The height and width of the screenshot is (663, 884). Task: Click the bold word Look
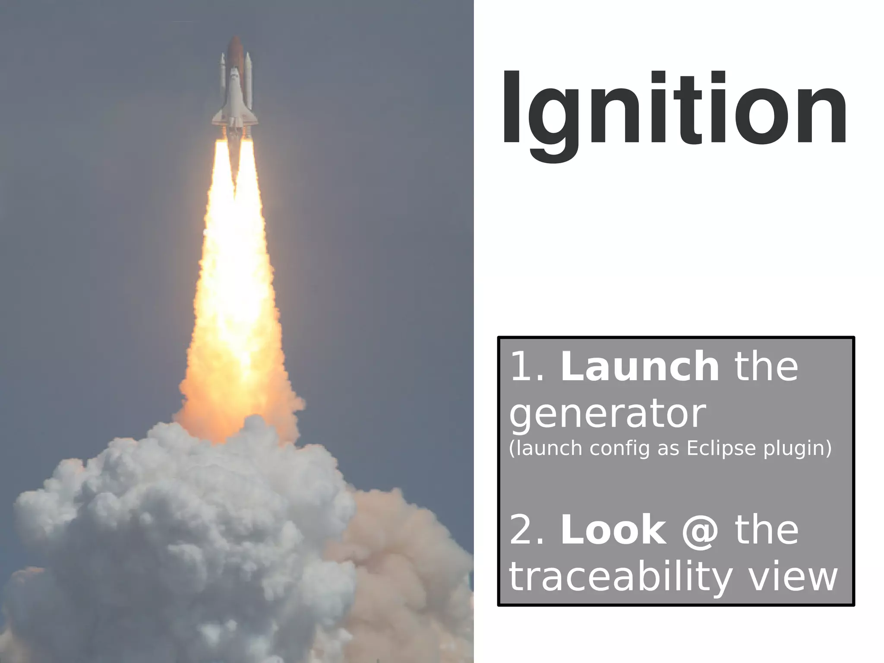613,530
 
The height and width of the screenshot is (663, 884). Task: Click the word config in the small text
619,448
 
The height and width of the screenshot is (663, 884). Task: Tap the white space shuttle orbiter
234,97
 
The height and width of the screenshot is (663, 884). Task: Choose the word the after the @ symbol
766,530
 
